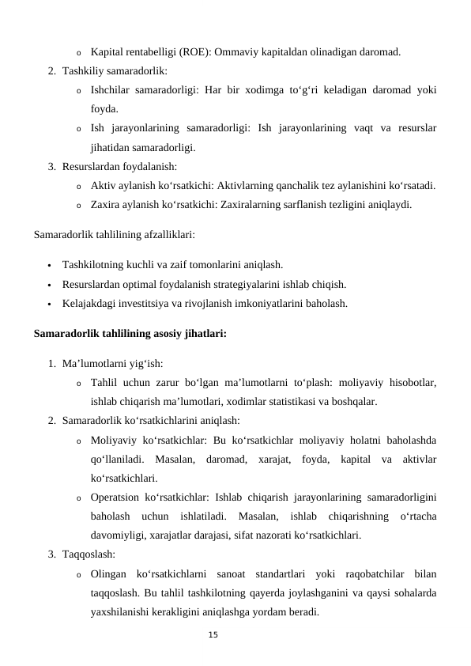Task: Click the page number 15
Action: tap(212, 635)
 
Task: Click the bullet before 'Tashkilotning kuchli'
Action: tap(50, 265)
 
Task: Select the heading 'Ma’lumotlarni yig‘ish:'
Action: tap(112, 364)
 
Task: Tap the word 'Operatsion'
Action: tap(115, 498)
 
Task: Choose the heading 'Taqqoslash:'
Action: tap(89, 554)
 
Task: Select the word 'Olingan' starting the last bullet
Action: tap(107, 573)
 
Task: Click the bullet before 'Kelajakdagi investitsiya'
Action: tap(50, 304)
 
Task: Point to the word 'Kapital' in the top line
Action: tap(107, 53)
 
